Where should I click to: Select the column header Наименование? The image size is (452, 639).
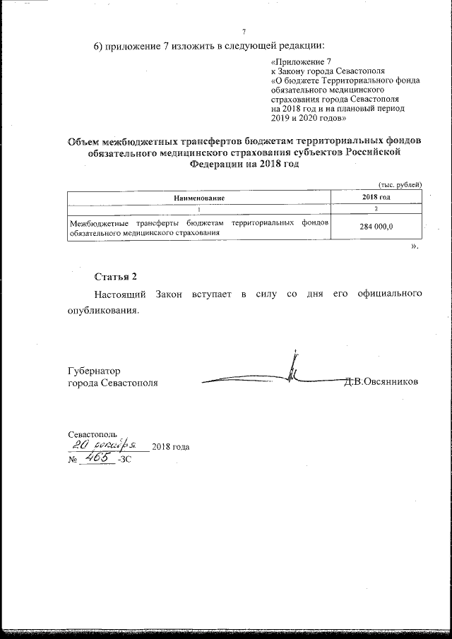click(x=199, y=198)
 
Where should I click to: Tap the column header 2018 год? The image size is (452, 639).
click(x=376, y=198)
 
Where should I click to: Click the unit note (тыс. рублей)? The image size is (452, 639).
click(x=400, y=184)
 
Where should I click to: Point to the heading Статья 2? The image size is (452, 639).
click(x=115, y=275)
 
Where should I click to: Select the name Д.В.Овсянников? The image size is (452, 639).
click(x=381, y=382)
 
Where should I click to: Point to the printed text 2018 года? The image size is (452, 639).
click(x=171, y=447)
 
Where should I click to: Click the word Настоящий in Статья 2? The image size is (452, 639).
click(x=122, y=292)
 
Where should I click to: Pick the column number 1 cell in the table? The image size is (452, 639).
click(x=199, y=210)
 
